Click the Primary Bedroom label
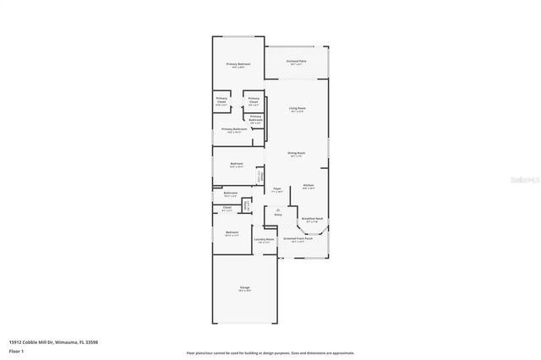coord(238,65)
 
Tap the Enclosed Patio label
coord(296,62)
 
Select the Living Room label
coord(297,108)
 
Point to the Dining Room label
coord(297,153)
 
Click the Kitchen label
coord(309,185)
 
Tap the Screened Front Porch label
coord(300,239)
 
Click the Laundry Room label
coord(265,239)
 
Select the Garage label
coord(244,288)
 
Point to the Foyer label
coord(277,189)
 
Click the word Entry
coord(278,215)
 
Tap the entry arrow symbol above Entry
coord(278,209)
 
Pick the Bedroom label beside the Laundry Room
coord(232,232)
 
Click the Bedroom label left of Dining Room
coord(238,164)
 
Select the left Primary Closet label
coord(221,100)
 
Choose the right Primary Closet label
coord(254,100)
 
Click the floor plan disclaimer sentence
coord(270,352)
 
